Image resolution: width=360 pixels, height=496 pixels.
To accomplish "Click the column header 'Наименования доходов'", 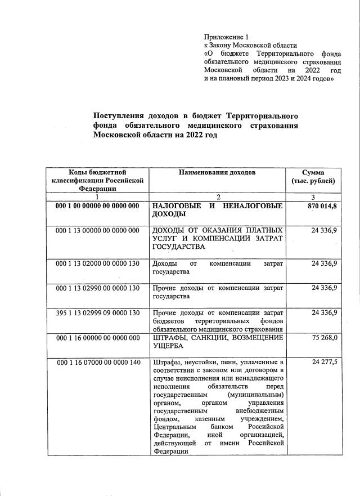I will point(217,172).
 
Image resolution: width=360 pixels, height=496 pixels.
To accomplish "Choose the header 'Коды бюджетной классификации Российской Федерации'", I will point(97,181).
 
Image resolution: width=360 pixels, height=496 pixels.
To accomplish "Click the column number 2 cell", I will point(219,197).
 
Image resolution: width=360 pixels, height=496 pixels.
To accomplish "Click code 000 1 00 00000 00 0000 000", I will point(97,207).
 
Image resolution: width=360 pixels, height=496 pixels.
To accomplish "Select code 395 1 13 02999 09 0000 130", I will point(97,312).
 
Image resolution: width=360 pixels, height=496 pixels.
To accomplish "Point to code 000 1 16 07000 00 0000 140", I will point(97,362).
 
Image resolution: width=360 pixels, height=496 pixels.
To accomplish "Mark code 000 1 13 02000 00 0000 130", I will point(97,263).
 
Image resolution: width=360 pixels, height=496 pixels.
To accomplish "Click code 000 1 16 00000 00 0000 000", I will point(97,338).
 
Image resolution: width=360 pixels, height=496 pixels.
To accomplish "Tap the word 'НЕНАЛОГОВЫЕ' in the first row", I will point(253,207).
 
